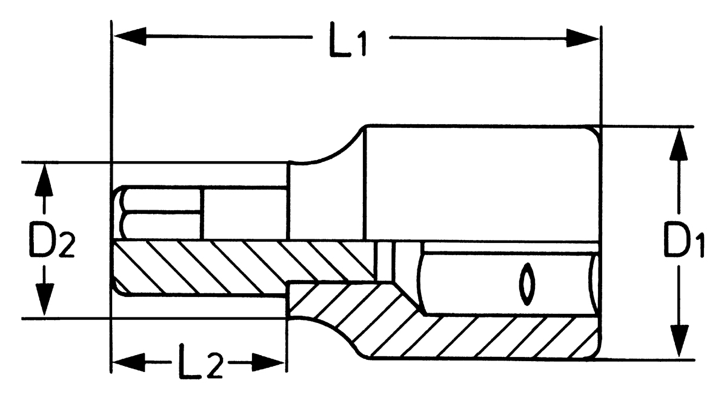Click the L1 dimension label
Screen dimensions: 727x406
348,39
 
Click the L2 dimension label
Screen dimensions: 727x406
201,361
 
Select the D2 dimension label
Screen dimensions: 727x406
52,240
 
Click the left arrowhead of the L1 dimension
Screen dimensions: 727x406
130,36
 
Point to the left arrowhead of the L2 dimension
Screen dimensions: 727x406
128,362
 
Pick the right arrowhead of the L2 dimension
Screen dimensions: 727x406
268,362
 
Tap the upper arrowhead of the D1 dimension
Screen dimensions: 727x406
679,144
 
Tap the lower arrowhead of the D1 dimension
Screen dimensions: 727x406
679,341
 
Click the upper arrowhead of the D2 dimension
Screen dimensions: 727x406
44,180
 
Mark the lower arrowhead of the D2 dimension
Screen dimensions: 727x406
44,299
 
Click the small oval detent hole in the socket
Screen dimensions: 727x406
526,284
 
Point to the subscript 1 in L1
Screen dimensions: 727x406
361,44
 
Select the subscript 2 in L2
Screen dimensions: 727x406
214,367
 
